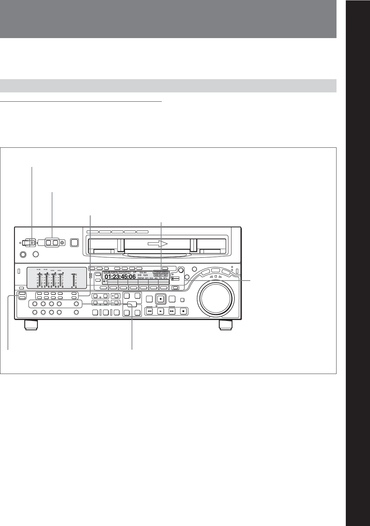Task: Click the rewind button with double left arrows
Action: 150,311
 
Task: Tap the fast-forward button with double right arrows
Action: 172,311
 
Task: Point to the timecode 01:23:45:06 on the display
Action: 120,277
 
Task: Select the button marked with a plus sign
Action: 115,296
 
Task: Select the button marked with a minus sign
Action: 115,303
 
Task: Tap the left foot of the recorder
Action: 31,325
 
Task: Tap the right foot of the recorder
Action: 226,325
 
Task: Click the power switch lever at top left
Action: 30,243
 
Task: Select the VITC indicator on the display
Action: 127,272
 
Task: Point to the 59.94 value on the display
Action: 143,272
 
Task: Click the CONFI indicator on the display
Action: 161,272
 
